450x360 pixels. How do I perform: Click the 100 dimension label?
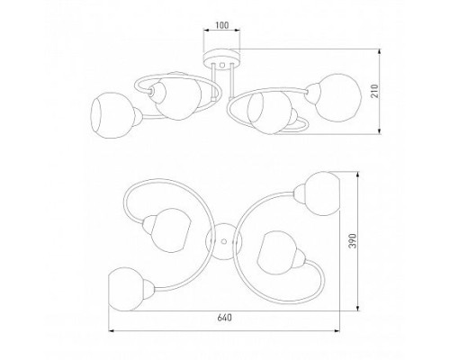(221, 25)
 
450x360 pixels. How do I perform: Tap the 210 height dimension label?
(375, 91)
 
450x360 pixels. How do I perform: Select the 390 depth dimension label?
(354, 241)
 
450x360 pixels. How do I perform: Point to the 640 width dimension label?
(224, 318)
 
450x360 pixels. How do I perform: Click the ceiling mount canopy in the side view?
(221, 58)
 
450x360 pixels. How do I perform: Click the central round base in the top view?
(223, 241)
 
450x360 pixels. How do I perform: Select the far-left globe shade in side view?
(109, 115)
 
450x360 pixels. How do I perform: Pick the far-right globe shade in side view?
(337, 98)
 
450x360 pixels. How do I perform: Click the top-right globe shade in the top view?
(321, 193)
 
